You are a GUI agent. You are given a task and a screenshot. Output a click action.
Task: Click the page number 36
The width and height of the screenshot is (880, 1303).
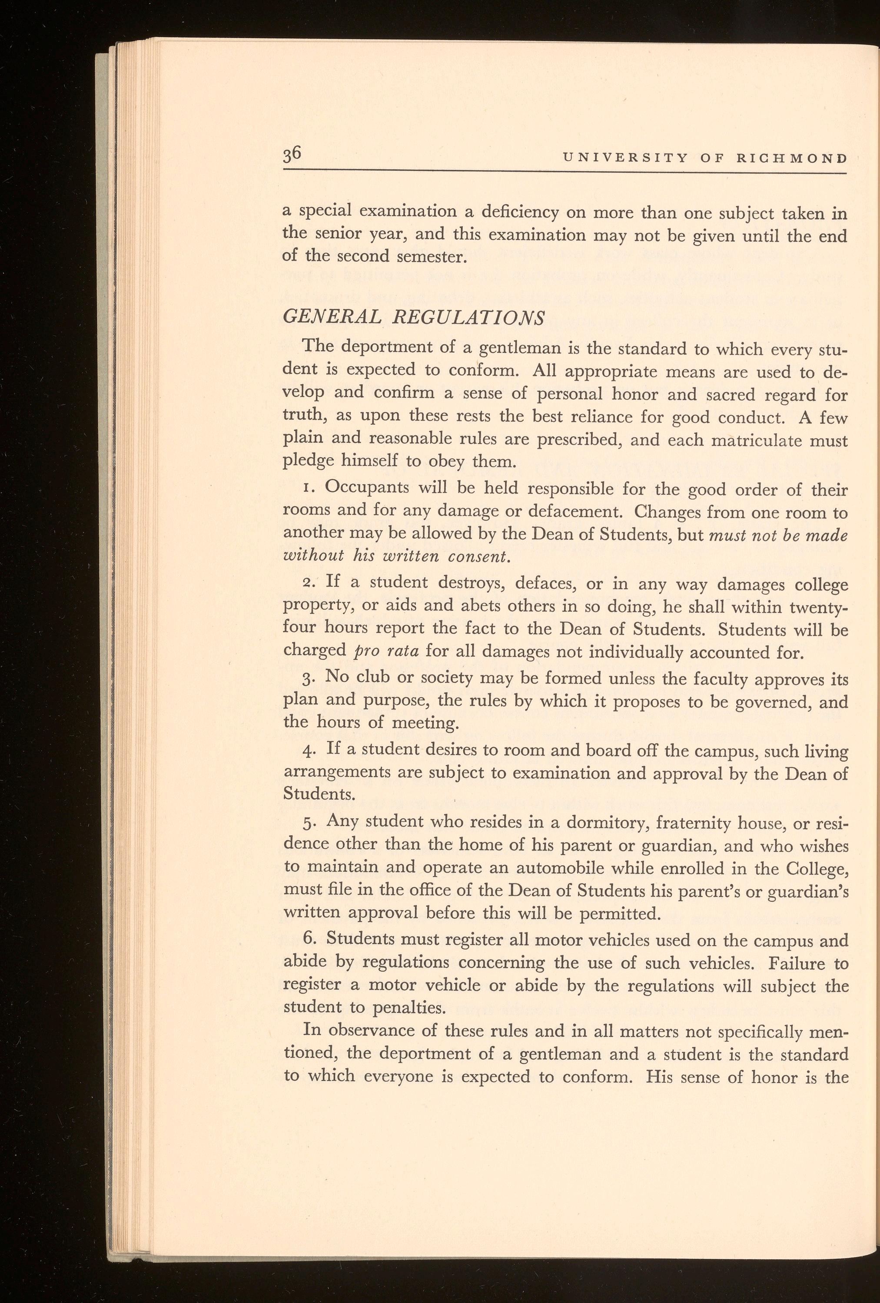pos(292,155)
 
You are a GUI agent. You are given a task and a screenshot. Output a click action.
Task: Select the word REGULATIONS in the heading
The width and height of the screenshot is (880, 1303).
pos(468,318)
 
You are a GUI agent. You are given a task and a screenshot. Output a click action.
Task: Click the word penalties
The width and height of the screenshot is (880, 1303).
pos(409,1008)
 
